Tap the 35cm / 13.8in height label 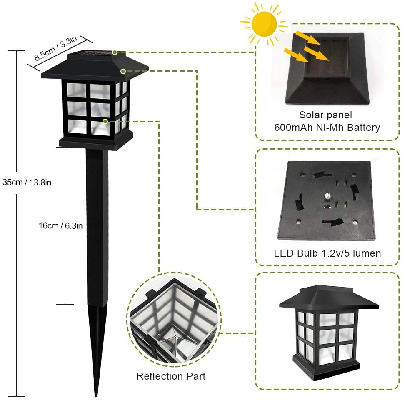coord(27,182)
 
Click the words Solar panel coord(325,115)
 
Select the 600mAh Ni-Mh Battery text coord(327,127)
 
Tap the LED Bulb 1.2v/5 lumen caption coord(327,253)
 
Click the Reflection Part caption coord(171,376)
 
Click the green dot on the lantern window coord(105,121)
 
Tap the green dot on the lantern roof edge coord(123,71)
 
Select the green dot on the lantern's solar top coord(115,52)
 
